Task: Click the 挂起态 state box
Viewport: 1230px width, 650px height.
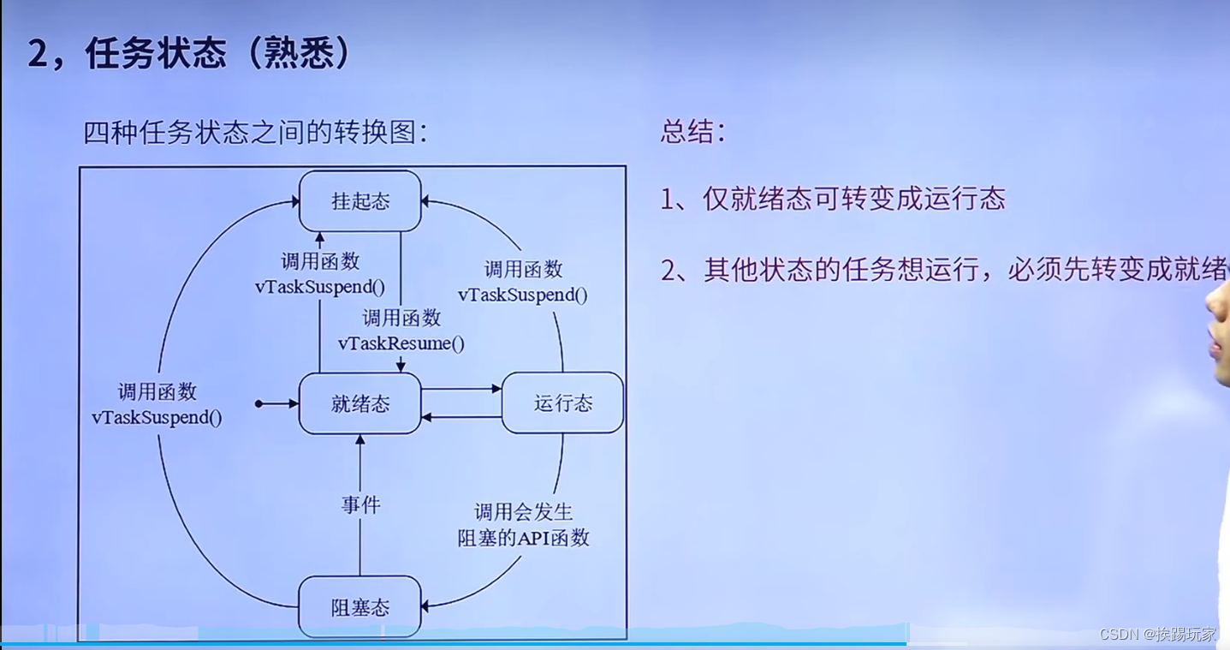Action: [360, 201]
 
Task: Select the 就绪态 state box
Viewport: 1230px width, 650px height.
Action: [359, 403]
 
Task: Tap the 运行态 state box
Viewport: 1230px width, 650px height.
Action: [562, 403]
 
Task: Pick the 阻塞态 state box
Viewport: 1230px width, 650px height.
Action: [359, 607]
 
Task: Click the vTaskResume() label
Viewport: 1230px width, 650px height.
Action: [401, 343]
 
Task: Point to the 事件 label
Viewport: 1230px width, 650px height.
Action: [360, 505]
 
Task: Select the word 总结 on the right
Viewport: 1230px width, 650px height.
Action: [692, 131]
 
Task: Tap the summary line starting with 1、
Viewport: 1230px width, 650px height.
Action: [832, 200]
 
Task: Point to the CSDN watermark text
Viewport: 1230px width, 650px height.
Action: [1158, 634]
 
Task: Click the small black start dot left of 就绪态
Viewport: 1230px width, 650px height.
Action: [258, 403]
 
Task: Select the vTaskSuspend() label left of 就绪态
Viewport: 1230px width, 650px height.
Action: [157, 417]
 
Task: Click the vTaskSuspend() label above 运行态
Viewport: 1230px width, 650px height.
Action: [523, 295]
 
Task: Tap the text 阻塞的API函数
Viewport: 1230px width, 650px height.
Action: [523, 538]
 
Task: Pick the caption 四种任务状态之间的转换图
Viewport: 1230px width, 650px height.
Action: [254, 133]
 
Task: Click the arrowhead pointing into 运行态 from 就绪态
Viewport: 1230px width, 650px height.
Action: [496, 389]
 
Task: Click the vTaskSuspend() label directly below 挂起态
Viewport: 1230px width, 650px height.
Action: [319, 287]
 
